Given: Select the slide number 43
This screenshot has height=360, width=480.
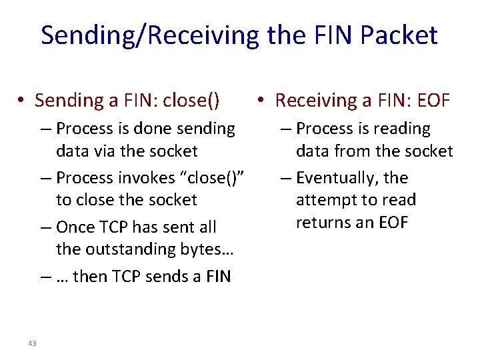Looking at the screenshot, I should [x=32, y=343].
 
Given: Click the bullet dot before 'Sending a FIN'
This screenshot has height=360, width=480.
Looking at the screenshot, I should [x=21, y=101].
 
